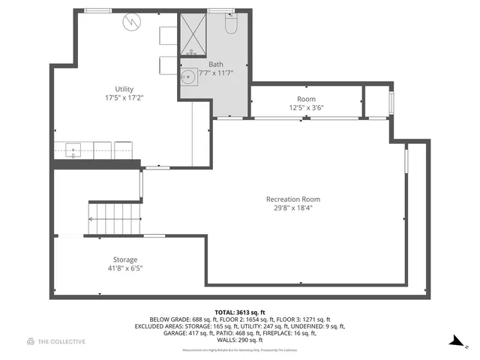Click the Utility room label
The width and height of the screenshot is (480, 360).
point(124,89)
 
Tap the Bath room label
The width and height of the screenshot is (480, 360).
point(216,64)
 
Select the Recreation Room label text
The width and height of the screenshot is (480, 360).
point(293,199)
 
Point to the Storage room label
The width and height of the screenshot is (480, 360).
point(125,259)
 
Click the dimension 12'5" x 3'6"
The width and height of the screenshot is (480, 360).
point(306,107)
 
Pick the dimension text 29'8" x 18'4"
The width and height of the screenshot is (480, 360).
point(293,208)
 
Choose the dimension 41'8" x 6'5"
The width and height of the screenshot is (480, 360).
point(125,268)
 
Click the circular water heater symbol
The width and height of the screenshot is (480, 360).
point(132,22)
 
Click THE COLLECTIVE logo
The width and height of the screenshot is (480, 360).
point(56,342)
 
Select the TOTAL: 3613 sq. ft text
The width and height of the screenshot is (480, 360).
point(239,311)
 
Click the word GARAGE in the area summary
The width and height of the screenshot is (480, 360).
point(150,334)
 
